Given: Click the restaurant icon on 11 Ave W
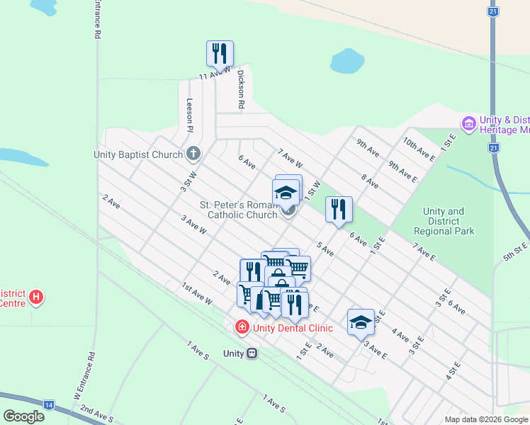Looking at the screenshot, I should click(220, 52).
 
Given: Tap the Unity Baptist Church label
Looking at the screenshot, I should click(138, 154).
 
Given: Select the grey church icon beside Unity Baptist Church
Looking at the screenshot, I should click(193, 154).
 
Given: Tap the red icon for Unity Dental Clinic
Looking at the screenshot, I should click(242, 327).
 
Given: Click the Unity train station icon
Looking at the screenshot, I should click(252, 353).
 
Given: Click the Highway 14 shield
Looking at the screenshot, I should click(48, 404).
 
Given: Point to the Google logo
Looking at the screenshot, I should click(23, 416).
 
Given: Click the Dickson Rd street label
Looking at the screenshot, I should click(241, 89).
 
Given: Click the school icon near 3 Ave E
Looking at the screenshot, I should click(361, 322).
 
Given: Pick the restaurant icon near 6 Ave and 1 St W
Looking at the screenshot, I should click(339, 208).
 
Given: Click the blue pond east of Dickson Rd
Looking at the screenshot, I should click(347, 61).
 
